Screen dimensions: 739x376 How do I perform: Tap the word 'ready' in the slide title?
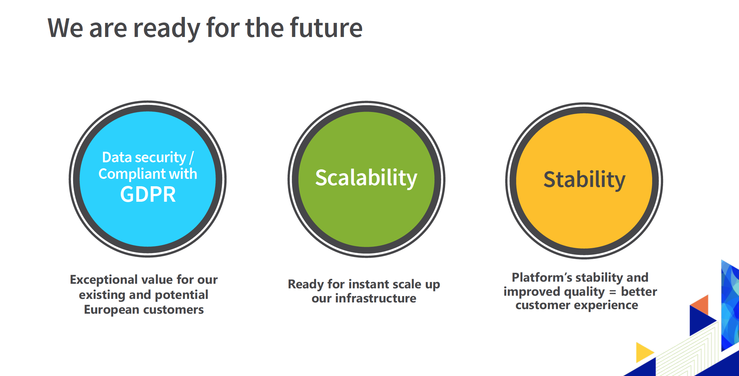click(166, 29)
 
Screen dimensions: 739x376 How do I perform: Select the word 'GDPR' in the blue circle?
click(148, 194)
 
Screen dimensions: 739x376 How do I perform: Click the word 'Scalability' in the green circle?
click(366, 178)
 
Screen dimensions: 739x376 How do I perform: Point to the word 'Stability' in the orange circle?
click(584, 180)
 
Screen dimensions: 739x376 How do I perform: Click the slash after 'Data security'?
click(191, 158)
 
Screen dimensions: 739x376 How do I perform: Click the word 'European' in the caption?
click(111, 310)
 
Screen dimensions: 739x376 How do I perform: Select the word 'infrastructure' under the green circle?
click(375, 299)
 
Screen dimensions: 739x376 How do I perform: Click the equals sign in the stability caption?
click(613, 292)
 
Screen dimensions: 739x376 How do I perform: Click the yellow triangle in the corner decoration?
click(644, 352)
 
